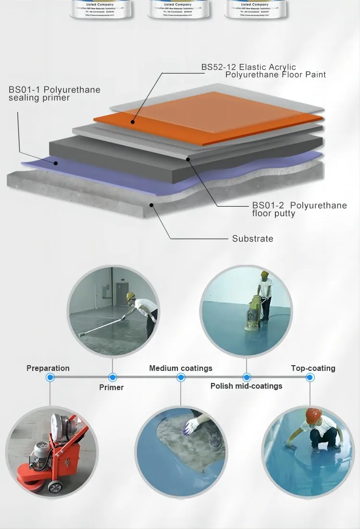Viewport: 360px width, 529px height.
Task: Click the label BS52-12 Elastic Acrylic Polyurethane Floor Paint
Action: (x=263, y=71)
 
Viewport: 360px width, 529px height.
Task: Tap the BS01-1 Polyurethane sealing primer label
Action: (x=54, y=94)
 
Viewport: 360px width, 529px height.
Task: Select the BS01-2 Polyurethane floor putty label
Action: (x=299, y=209)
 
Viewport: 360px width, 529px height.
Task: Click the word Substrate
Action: (x=252, y=239)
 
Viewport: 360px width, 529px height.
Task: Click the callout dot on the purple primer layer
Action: (x=56, y=163)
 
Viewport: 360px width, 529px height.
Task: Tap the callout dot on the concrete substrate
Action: (x=152, y=205)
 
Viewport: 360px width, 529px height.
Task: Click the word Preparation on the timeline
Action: (x=48, y=369)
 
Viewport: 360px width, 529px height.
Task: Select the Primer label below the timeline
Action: (x=112, y=387)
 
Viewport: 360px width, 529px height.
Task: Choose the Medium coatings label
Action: (x=181, y=369)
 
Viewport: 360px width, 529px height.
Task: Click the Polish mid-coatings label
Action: (x=246, y=386)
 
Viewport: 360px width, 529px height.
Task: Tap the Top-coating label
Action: (x=313, y=369)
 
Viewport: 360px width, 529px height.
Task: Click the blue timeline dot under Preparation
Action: (x=50, y=378)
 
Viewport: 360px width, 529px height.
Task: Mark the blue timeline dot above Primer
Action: (x=112, y=378)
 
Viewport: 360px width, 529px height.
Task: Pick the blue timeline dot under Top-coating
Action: (x=310, y=378)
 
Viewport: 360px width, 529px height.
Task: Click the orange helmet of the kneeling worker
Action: (x=313, y=414)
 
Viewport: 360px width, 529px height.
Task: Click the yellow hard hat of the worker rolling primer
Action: (x=130, y=296)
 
